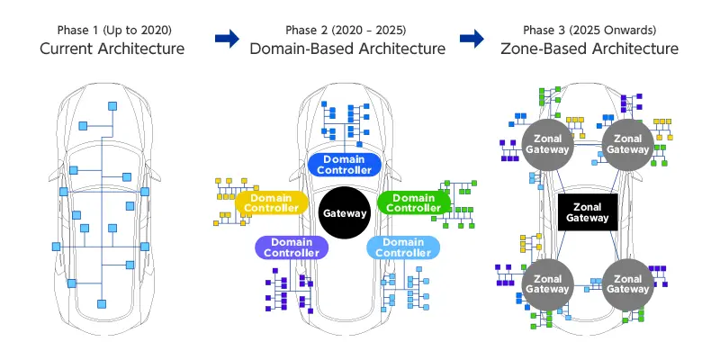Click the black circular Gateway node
[x=346, y=212]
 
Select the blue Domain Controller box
[x=346, y=165]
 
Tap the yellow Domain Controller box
[x=272, y=202]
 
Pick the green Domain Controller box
[x=415, y=202]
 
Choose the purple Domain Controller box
[x=291, y=247]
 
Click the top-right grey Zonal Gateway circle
[x=627, y=143]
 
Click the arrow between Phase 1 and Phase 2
[x=229, y=38]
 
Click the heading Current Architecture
[x=112, y=48]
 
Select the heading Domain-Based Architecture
[x=348, y=48]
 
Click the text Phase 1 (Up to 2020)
[x=112, y=29]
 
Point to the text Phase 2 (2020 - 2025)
[x=348, y=29]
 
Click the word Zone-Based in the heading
[x=541, y=48]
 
